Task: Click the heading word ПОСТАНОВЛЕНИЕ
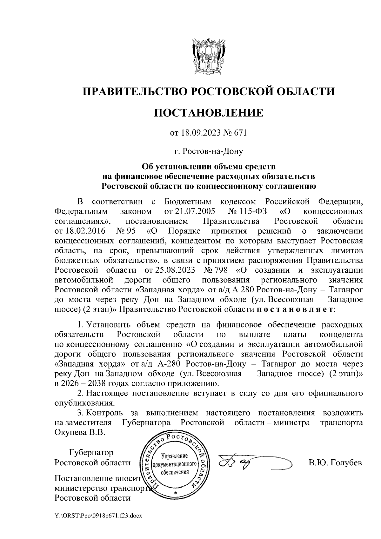tap(209, 113)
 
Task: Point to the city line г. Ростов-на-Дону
tap(209, 151)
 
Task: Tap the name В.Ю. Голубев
tap(335, 462)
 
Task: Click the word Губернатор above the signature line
tap(91, 452)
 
